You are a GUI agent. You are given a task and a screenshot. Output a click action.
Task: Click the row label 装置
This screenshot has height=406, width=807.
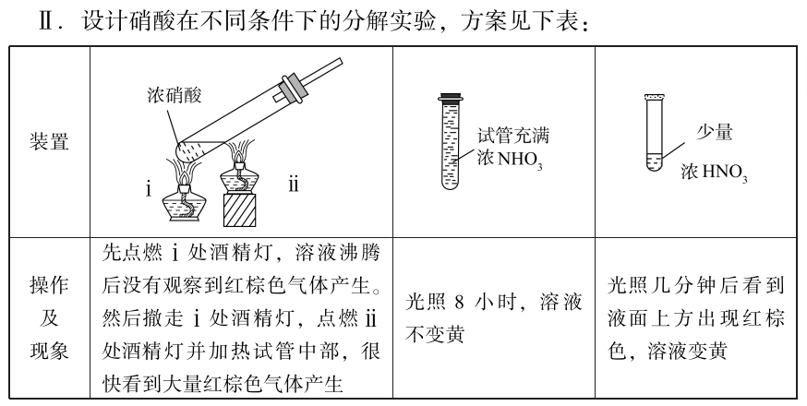point(49,141)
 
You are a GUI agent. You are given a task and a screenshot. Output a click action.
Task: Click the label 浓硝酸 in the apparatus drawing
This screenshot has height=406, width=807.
point(174,95)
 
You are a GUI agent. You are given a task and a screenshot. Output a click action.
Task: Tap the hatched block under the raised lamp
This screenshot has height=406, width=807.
point(240,210)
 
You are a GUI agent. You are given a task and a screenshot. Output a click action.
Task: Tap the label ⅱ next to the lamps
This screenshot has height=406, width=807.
point(293,185)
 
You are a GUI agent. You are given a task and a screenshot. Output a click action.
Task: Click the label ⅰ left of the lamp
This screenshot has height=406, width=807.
point(149,189)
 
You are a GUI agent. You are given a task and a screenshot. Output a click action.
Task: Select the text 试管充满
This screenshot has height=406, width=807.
point(512,136)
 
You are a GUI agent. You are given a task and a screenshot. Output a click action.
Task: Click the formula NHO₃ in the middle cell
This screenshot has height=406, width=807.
point(520,160)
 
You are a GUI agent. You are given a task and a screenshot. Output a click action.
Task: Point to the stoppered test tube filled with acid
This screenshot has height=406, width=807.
point(451,141)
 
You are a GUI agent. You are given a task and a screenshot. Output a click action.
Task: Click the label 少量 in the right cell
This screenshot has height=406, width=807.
point(714,132)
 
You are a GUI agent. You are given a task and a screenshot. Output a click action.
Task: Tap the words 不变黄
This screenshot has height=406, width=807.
point(435,335)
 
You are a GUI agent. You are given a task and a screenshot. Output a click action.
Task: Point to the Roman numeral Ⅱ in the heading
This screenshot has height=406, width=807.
point(47,22)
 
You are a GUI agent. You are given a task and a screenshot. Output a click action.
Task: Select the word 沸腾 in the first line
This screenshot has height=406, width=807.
point(361,253)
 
